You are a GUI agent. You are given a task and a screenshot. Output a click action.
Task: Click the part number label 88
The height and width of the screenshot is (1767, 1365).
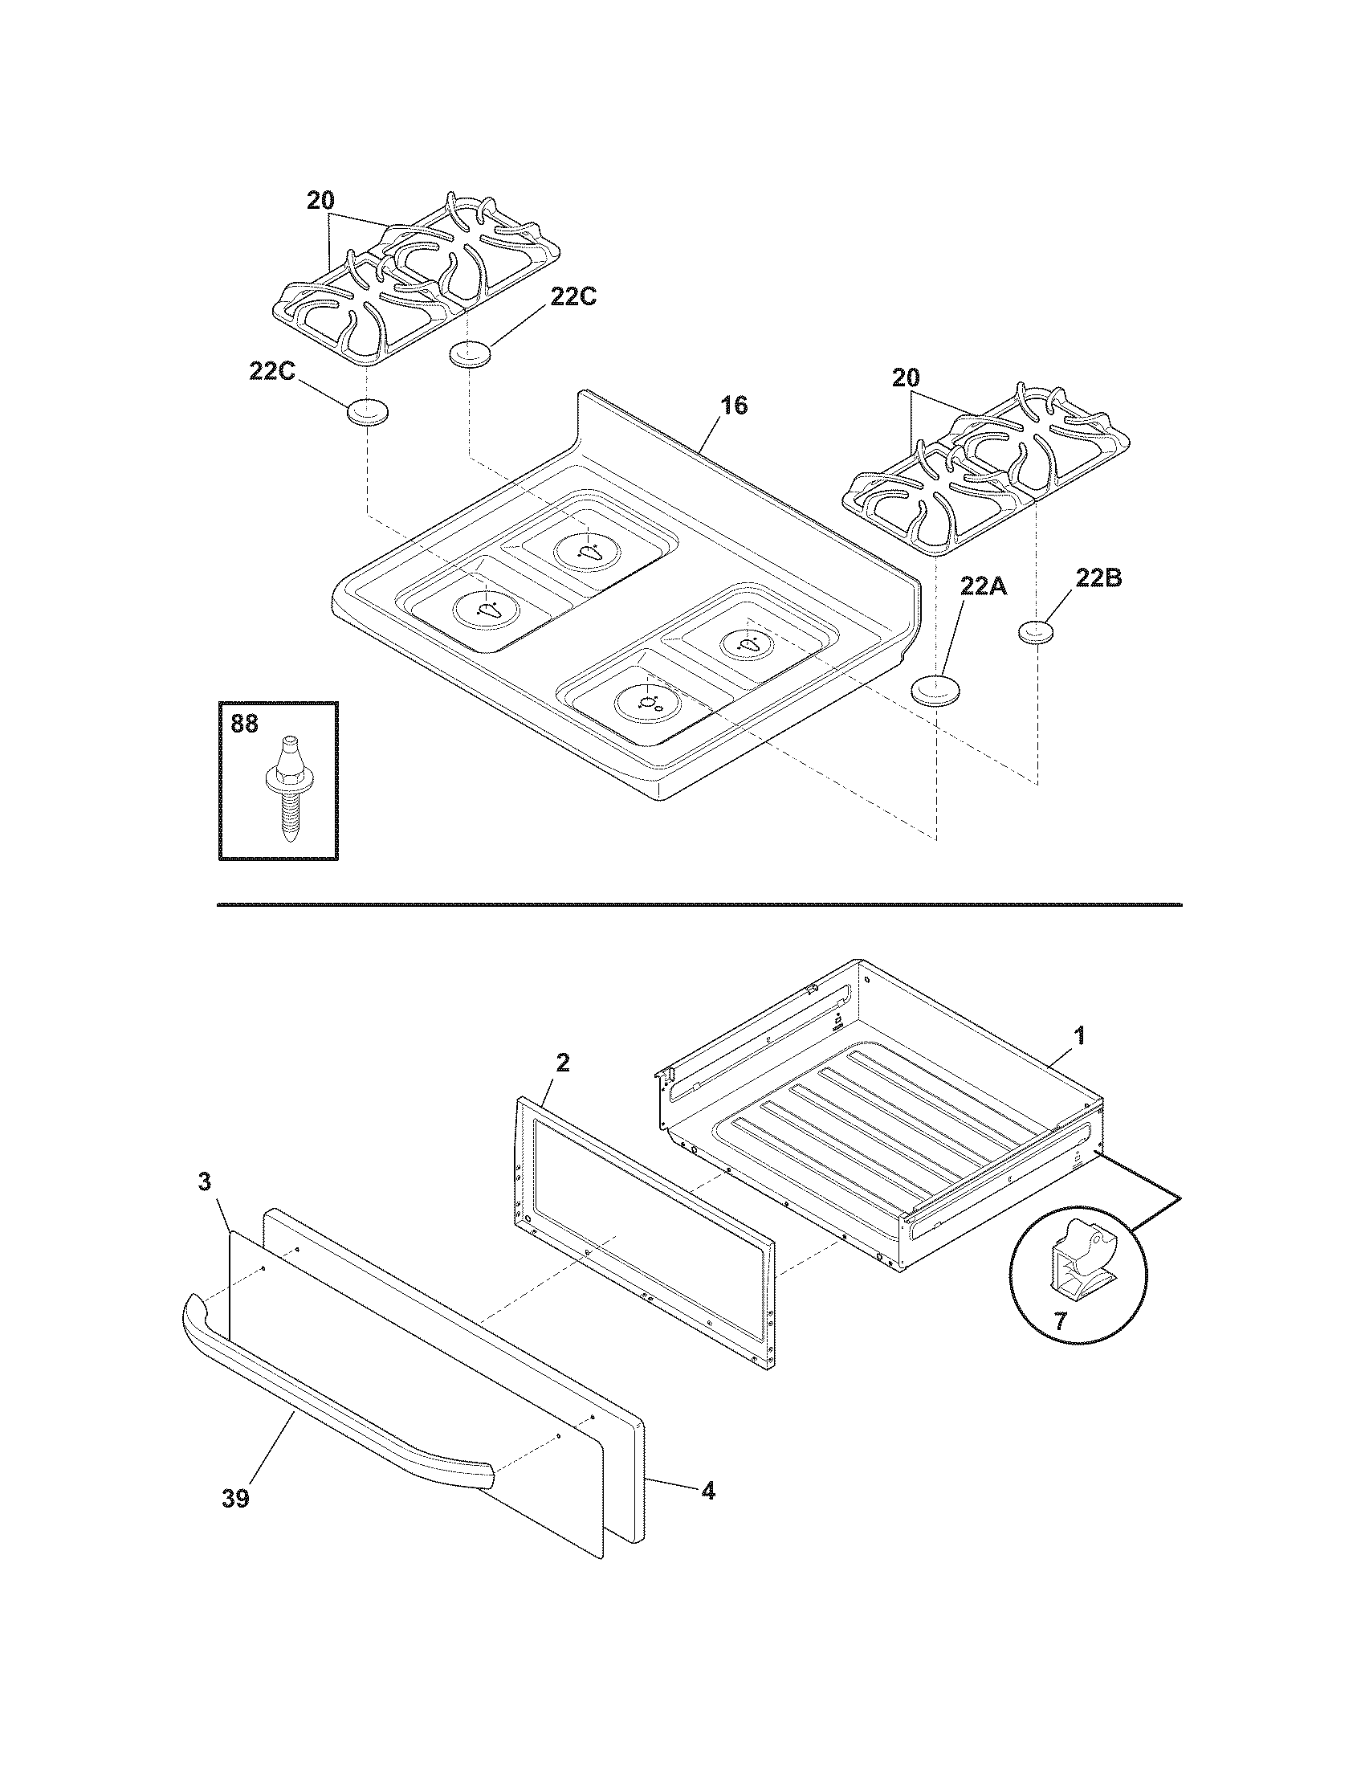coord(244,724)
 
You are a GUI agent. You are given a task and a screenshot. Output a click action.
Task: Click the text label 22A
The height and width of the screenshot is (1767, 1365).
coord(984,586)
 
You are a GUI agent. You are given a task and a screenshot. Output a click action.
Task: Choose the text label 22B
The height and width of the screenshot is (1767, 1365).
coord(1098,579)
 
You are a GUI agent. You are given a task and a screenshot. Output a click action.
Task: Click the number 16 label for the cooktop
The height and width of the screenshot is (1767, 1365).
coord(733,405)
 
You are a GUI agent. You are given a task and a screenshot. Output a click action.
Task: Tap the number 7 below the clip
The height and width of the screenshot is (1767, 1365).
coord(1060,1322)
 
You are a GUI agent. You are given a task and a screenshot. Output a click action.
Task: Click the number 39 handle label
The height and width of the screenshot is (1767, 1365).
coord(236,1499)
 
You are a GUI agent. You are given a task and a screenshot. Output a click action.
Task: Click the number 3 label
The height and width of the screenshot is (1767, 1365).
coord(205,1182)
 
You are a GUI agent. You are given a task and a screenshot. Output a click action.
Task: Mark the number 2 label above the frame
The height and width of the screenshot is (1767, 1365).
coord(563,1063)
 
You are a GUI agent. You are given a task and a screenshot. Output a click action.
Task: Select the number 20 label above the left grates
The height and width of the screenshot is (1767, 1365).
coord(320,202)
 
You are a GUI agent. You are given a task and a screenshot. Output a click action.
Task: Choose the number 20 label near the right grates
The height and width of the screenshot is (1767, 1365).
coord(906,377)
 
